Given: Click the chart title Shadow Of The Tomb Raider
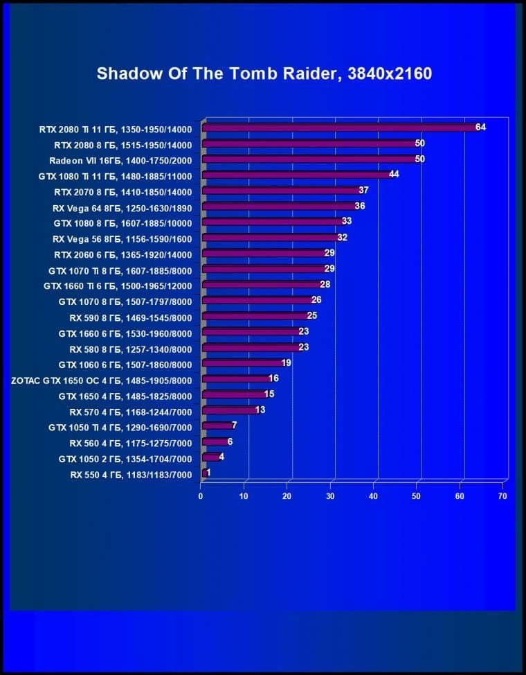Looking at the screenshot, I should (x=264, y=73).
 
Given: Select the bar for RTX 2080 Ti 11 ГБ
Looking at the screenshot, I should (x=339, y=128).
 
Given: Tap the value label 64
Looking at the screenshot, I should (x=480, y=128).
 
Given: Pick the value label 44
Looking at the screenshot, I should (x=394, y=175).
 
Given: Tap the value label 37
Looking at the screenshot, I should (x=364, y=191).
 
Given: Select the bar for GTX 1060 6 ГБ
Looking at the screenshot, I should (x=242, y=363).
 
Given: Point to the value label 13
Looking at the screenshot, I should (x=260, y=410).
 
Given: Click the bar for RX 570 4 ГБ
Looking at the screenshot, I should (x=229, y=410).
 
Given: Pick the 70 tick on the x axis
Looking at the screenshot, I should (x=502, y=496).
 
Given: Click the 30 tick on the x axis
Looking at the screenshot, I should (x=330, y=496).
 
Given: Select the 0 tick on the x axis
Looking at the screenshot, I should (x=201, y=496).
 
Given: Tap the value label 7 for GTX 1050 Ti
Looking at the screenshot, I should (x=235, y=426).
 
